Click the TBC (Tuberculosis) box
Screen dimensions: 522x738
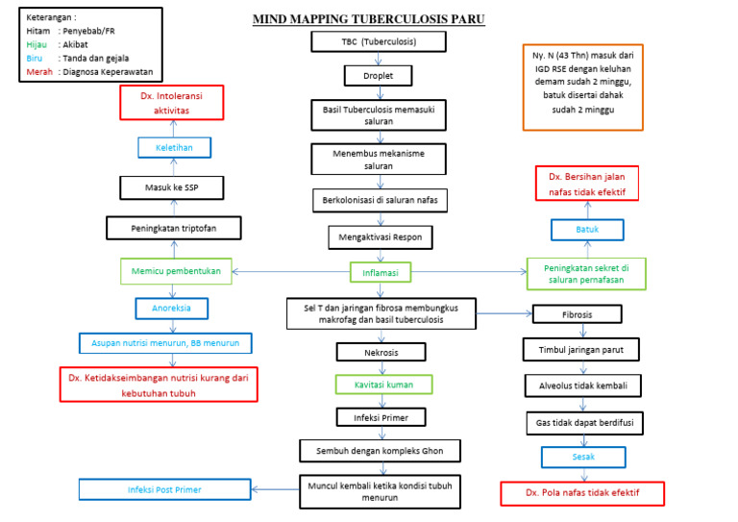click(378, 41)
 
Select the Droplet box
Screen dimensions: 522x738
click(378, 75)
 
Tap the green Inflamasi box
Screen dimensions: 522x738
click(380, 273)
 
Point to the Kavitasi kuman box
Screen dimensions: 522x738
click(382, 384)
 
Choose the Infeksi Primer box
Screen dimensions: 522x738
click(381, 416)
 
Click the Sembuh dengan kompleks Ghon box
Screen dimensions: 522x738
click(380, 450)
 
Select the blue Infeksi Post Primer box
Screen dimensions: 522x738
click(164, 489)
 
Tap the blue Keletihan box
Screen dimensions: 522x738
click(173, 147)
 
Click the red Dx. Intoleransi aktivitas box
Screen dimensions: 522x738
click(172, 103)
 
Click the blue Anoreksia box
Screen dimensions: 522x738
click(172, 309)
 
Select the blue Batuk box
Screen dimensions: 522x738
click(586, 230)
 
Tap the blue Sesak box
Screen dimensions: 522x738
click(583, 457)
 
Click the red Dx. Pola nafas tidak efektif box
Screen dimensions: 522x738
click(582, 493)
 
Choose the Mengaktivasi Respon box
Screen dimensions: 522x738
click(380, 236)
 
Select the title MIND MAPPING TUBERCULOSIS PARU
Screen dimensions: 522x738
click(368, 18)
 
